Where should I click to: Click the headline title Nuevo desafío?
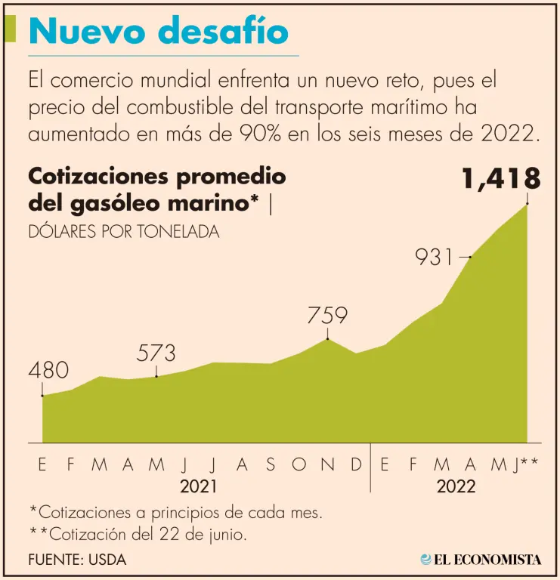pos(159,32)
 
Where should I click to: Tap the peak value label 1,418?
pos(501,179)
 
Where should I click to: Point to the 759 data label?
pos(327,315)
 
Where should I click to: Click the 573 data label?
pos(156,353)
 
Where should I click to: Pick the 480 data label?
pos(48,371)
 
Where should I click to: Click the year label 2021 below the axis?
pos(200,486)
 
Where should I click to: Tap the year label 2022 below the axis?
pos(456,486)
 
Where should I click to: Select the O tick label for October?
pos(299,465)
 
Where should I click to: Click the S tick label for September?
pos(271,465)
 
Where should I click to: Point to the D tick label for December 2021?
pos(357,465)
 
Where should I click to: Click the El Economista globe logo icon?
pos(426,560)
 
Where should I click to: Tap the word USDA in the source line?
pos(108,560)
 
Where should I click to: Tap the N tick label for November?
pos(327,465)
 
